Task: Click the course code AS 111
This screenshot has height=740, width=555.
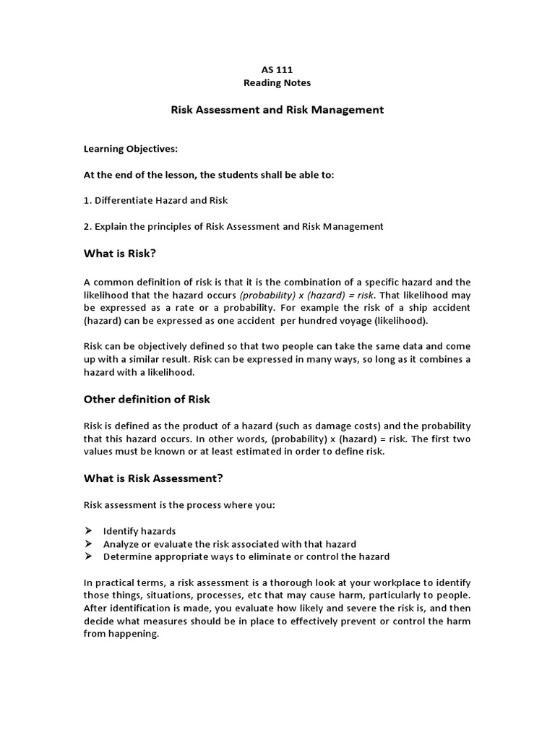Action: click(x=277, y=69)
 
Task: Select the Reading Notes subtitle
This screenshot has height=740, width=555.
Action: click(x=277, y=83)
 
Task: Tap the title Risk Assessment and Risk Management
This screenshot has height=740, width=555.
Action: click(x=277, y=111)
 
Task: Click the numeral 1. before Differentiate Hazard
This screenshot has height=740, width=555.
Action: click(x=87, y=200)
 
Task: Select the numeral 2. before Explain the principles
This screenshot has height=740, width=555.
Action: click(x=87, y=227)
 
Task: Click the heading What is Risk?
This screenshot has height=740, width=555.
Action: click(x=120, y=254)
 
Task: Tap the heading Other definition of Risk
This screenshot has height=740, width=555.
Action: click(x=147, y=399)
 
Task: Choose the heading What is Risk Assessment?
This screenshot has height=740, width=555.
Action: click(x=153, y=478)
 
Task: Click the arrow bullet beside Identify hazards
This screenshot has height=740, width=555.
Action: click(x=88, y=531)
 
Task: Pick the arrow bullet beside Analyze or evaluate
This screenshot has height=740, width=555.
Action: click(x=88, y=543)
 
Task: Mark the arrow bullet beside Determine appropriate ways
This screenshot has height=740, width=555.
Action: click(x=88, y=556)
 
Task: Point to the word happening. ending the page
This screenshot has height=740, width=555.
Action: click(x=133, y=634)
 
